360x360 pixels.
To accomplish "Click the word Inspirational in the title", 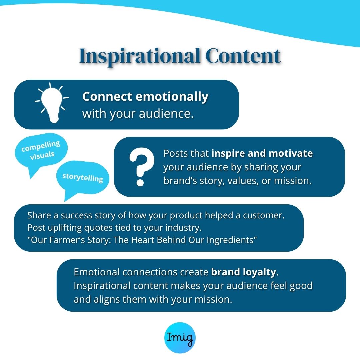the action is click(x=139, y=57).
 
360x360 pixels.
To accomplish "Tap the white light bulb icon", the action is click(x=52, y=103).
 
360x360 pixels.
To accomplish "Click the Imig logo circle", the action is click(x=180, y=337).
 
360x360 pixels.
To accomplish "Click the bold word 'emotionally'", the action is click(x=172, y=97).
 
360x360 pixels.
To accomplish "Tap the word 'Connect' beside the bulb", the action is click(x=107, y=97).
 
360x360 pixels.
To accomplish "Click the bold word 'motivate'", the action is click(x=291, y=153).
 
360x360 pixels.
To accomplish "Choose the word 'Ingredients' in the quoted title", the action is click(x=230, y=240).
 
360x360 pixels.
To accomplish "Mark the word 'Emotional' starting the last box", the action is click(x=97, y=272).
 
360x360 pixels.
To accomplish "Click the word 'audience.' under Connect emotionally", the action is click(x=166, y=114).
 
